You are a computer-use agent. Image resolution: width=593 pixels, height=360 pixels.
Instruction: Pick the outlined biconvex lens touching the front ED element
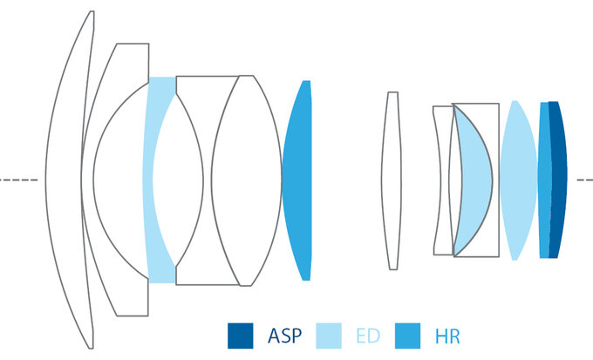188,180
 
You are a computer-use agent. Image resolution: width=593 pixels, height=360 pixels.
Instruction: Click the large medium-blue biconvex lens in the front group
298,180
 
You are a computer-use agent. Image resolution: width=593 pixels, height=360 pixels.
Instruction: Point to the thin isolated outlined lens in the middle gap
393,180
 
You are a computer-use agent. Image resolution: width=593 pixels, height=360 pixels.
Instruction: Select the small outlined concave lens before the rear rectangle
442,180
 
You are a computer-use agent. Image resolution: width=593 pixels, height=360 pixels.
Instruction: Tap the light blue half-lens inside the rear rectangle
473,180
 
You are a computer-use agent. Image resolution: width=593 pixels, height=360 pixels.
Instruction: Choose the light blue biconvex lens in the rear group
517,180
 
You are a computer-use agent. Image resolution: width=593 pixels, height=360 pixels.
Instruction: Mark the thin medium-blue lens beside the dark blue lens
544,180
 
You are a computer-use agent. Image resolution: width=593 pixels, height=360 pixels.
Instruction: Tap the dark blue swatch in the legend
240,336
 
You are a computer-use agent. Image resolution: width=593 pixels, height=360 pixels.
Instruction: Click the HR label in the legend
446,336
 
